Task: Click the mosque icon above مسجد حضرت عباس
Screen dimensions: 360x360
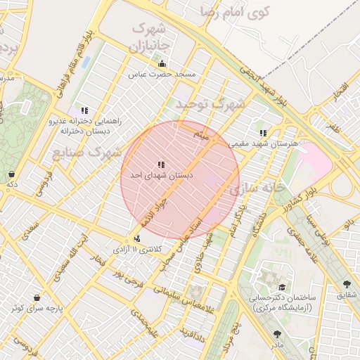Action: pyautogui.click(x=162, y=64)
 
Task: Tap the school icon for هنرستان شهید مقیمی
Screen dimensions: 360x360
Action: pyautogui.click(x=263, y=133)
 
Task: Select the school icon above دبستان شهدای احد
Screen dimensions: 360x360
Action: pyautogui.click(x=161, y=165)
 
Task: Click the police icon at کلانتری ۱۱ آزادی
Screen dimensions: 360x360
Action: pyautogui.click(x=127, y=238)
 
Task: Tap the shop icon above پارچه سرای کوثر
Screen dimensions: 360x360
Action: pyautogui.click(x=37, y=297)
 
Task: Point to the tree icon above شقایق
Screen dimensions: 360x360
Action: pyautogui.click(x=347, y=285)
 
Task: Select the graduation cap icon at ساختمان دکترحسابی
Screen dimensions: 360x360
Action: pyautogui.click(x=282, y=288)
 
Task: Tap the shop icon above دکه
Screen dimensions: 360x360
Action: pyautogui.click(x=11, y=174)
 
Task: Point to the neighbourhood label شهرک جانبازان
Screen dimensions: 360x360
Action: pyautogui.click(x=148, y=38)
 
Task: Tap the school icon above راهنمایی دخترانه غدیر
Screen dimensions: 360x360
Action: pyautogui.click(x=85, y=110)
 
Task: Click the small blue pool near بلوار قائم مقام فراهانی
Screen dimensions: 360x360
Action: pyautogui.click(x=86, y=63)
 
